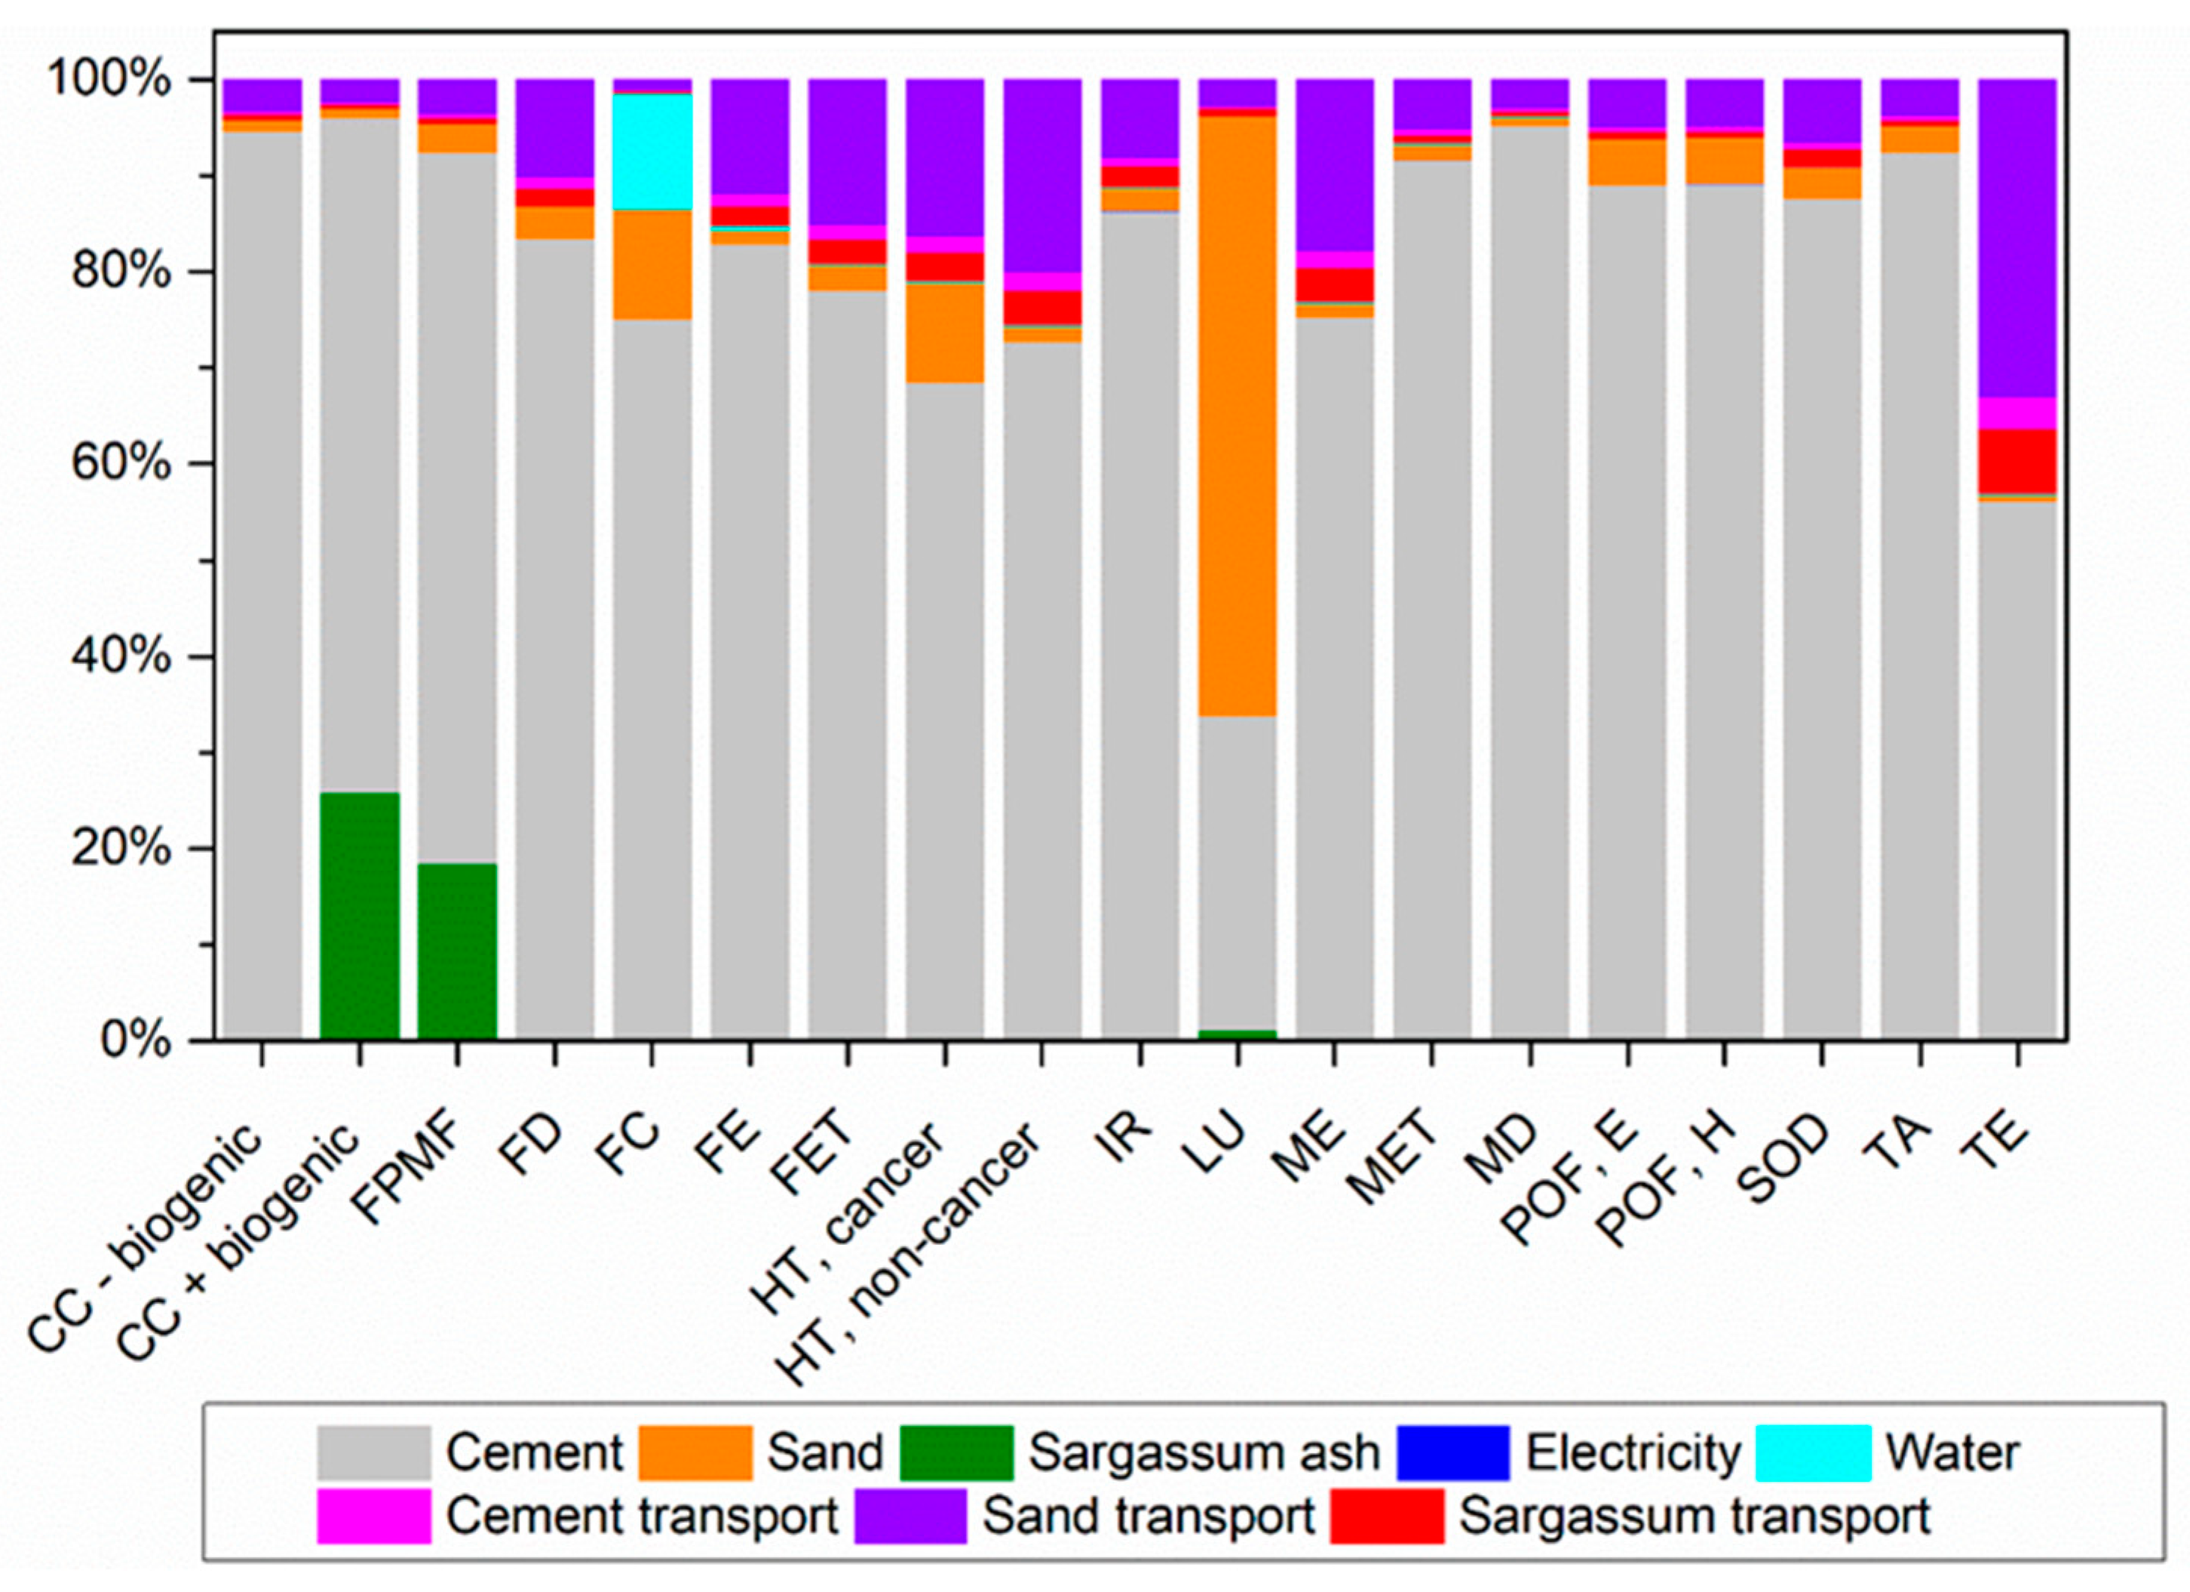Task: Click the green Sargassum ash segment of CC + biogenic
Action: pyautogui.click(x=359, y=916)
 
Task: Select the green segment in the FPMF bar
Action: pyautogui.click(x=457, y=951)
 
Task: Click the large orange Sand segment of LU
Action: pyautogui.click(x=1237, y=416)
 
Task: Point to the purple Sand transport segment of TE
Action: pyautogui.click(x=2017, y=238)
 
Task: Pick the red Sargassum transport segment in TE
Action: pyautogui.click(x=2017, y=461)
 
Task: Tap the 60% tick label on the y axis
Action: pyautogui.click(x=121, y=464)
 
